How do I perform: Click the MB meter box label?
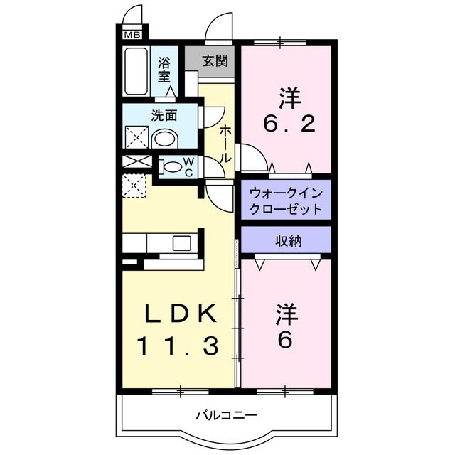(132, 34)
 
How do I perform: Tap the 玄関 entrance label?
(214, 60)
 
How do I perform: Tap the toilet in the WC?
(171, 168)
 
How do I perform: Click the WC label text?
(189, 168)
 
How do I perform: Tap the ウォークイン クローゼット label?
(286, 201)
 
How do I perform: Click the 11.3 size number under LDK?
(177, 346)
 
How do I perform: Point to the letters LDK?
(178, 314)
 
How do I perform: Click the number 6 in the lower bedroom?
(284, 341)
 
